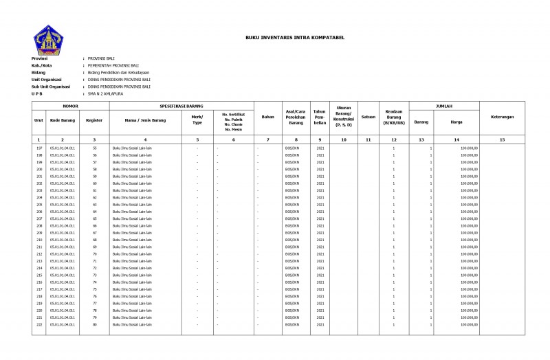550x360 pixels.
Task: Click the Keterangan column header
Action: pos(502,117)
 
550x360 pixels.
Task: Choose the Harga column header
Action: pos(456,122)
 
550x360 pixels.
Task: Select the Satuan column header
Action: pos(368,117)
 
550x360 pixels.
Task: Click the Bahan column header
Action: pos(268,117)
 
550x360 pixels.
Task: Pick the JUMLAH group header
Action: pos(444,106)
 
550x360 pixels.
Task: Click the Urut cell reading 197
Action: pos(39,148)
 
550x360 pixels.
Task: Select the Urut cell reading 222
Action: pos(39,324)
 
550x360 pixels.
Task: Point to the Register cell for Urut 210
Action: pos(95,240)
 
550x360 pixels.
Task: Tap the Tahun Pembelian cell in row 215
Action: pos(320,275)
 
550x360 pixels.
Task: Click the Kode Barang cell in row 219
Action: pos(63,303)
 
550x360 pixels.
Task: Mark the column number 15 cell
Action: pos(502,139)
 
